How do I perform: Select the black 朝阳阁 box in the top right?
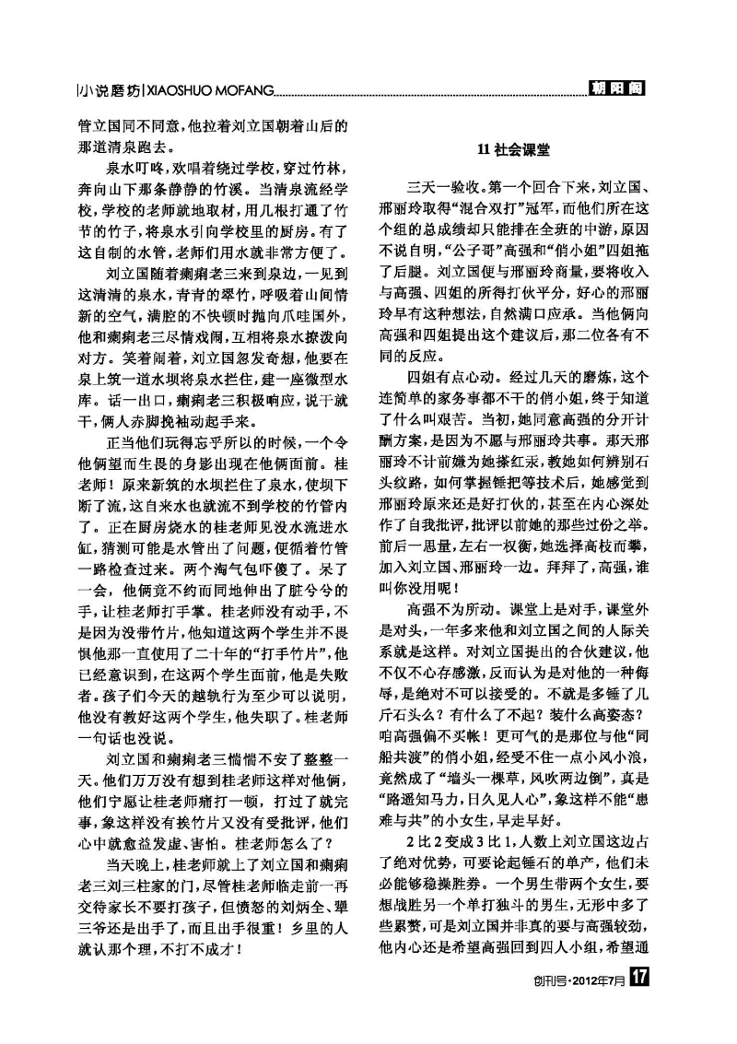pos(615,88)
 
